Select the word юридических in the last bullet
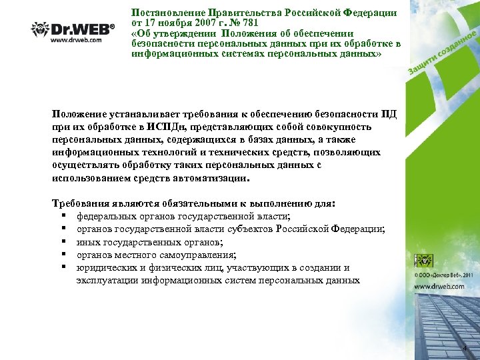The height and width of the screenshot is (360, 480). pyautogui.click(x=103, y=267)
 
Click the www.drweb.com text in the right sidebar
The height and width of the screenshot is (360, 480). pyautogui.click(x=439, y=286)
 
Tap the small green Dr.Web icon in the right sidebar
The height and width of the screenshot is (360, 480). pyautogui.click(x=424, y=261)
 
